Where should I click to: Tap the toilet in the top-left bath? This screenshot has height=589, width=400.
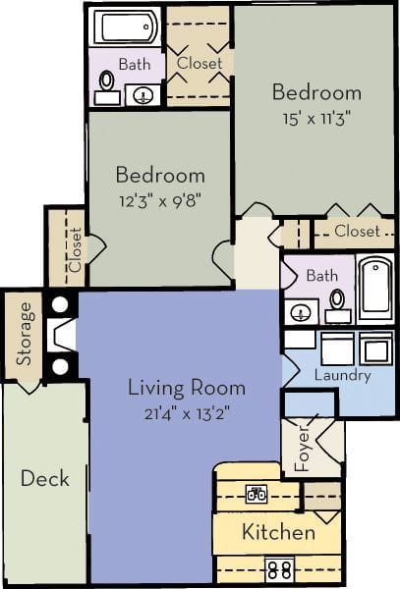click(x=105, y=91)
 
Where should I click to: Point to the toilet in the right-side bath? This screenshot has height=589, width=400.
click(x=337, y=303)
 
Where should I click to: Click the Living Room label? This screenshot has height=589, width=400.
click(x=179, y=387)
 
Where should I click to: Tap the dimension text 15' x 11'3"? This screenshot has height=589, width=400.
click(x=316, y=121)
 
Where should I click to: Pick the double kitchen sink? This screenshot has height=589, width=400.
click(x=258, y=496)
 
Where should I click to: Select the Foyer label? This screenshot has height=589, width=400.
click(x=303, y=449)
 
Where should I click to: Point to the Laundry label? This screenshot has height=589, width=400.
click(x=342, y=375)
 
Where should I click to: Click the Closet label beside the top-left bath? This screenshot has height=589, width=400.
click(x=200, y=63)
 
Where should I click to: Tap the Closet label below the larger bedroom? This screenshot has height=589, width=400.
click(x=357, y=232)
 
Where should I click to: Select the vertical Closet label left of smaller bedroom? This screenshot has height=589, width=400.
click(x=76, y=249)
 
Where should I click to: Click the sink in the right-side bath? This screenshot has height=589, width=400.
click(x=301, y=313)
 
